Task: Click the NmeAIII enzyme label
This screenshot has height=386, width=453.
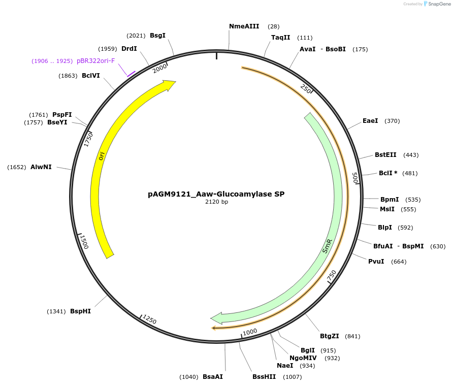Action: pos(244,26)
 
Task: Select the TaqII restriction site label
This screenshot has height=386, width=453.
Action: pos(280,38)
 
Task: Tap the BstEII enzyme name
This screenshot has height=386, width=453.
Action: pos(385,155)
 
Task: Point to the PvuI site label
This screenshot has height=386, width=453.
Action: pos(376,262)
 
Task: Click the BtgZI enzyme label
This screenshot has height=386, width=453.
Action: pos(329,336)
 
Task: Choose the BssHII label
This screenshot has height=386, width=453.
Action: pos(264,377)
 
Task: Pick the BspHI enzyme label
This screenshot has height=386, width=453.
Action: pos(80,311)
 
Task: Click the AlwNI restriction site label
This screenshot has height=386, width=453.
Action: pos(41,167)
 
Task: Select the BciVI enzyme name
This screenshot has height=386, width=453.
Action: pos(90,76)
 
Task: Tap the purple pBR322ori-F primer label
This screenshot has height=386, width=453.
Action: pos(95,61)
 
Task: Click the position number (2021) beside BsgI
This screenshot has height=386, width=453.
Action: pos(136,36)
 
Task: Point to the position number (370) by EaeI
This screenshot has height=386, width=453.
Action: pos(392,121)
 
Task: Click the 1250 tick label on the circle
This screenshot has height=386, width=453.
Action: pos(149,319)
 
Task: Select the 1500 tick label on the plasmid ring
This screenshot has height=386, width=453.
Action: pos(84,242)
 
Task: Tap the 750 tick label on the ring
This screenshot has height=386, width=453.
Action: pos(332,276)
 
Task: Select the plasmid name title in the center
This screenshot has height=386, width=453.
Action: pos(216,194)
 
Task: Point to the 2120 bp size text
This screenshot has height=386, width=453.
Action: pos(216,202)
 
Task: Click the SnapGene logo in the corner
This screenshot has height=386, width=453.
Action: pos(435,4)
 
